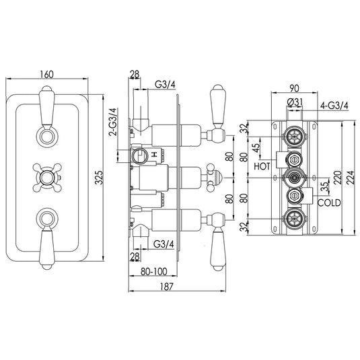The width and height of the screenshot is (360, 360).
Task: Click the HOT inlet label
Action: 262,164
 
